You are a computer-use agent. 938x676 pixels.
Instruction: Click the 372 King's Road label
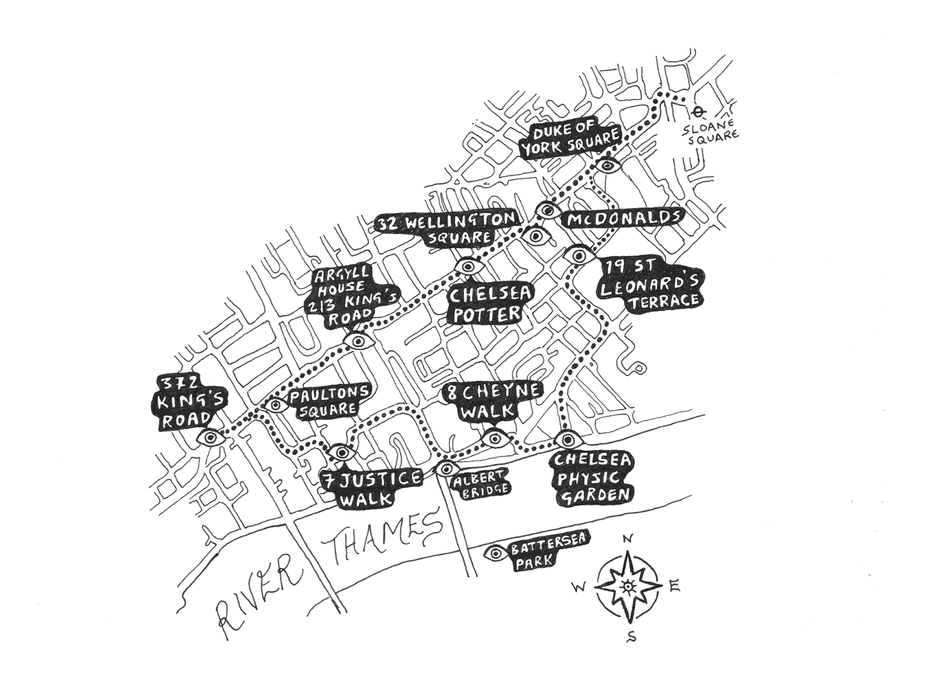[x=181, y=403]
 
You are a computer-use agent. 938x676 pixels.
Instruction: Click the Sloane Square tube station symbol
[x=697, y=111]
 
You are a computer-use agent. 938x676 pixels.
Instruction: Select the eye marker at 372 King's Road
[x=210, y=438]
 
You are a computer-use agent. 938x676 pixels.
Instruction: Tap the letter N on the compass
[x=627, y=539]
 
